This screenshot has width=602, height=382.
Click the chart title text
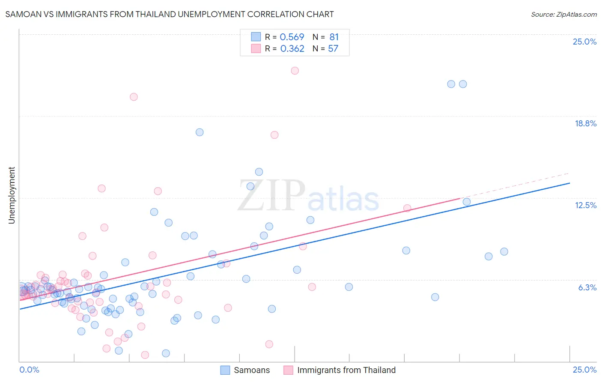[170, 14]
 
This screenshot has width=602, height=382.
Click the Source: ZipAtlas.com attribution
[563, 14]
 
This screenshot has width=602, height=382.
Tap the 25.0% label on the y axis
[584, 42]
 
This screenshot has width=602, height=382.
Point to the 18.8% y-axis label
[585, 123]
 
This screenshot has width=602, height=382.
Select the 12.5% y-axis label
[585, 205]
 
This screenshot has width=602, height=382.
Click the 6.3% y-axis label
[587, 287]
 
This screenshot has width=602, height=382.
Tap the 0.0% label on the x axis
[29, 370]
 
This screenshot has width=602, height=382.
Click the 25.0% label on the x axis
[584, 370]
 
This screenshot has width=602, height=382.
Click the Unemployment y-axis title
[12, 195]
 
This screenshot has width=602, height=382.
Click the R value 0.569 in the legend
[292, 37]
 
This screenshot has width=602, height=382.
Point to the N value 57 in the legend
[333, 49]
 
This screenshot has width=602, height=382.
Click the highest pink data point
[295, 71]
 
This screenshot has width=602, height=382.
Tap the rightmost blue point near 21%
[463, 84]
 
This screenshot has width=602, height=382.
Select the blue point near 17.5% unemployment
[200, 132]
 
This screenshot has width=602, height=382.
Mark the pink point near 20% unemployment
[134, 97]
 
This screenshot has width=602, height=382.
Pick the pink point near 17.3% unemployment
[274, 135]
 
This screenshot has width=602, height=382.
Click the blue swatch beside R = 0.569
[256, 37]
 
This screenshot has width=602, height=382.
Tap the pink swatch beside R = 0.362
[256, 48]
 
